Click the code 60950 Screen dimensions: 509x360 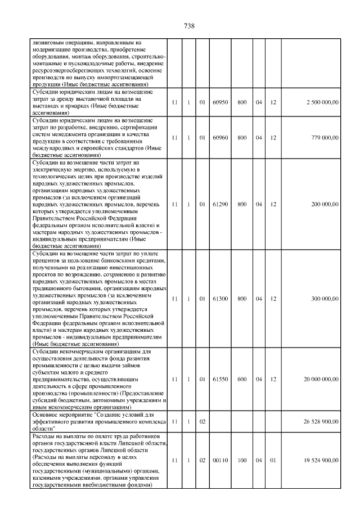[220, 102]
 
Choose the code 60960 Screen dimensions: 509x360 [220, 137]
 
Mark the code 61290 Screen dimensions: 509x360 [220, 204]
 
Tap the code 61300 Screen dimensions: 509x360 [220, 299]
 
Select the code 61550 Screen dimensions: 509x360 [220, 380]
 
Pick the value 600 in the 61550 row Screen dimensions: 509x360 [242, 380]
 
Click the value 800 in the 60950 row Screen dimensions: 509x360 [242, 102]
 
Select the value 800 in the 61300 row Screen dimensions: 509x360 [242, 299]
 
